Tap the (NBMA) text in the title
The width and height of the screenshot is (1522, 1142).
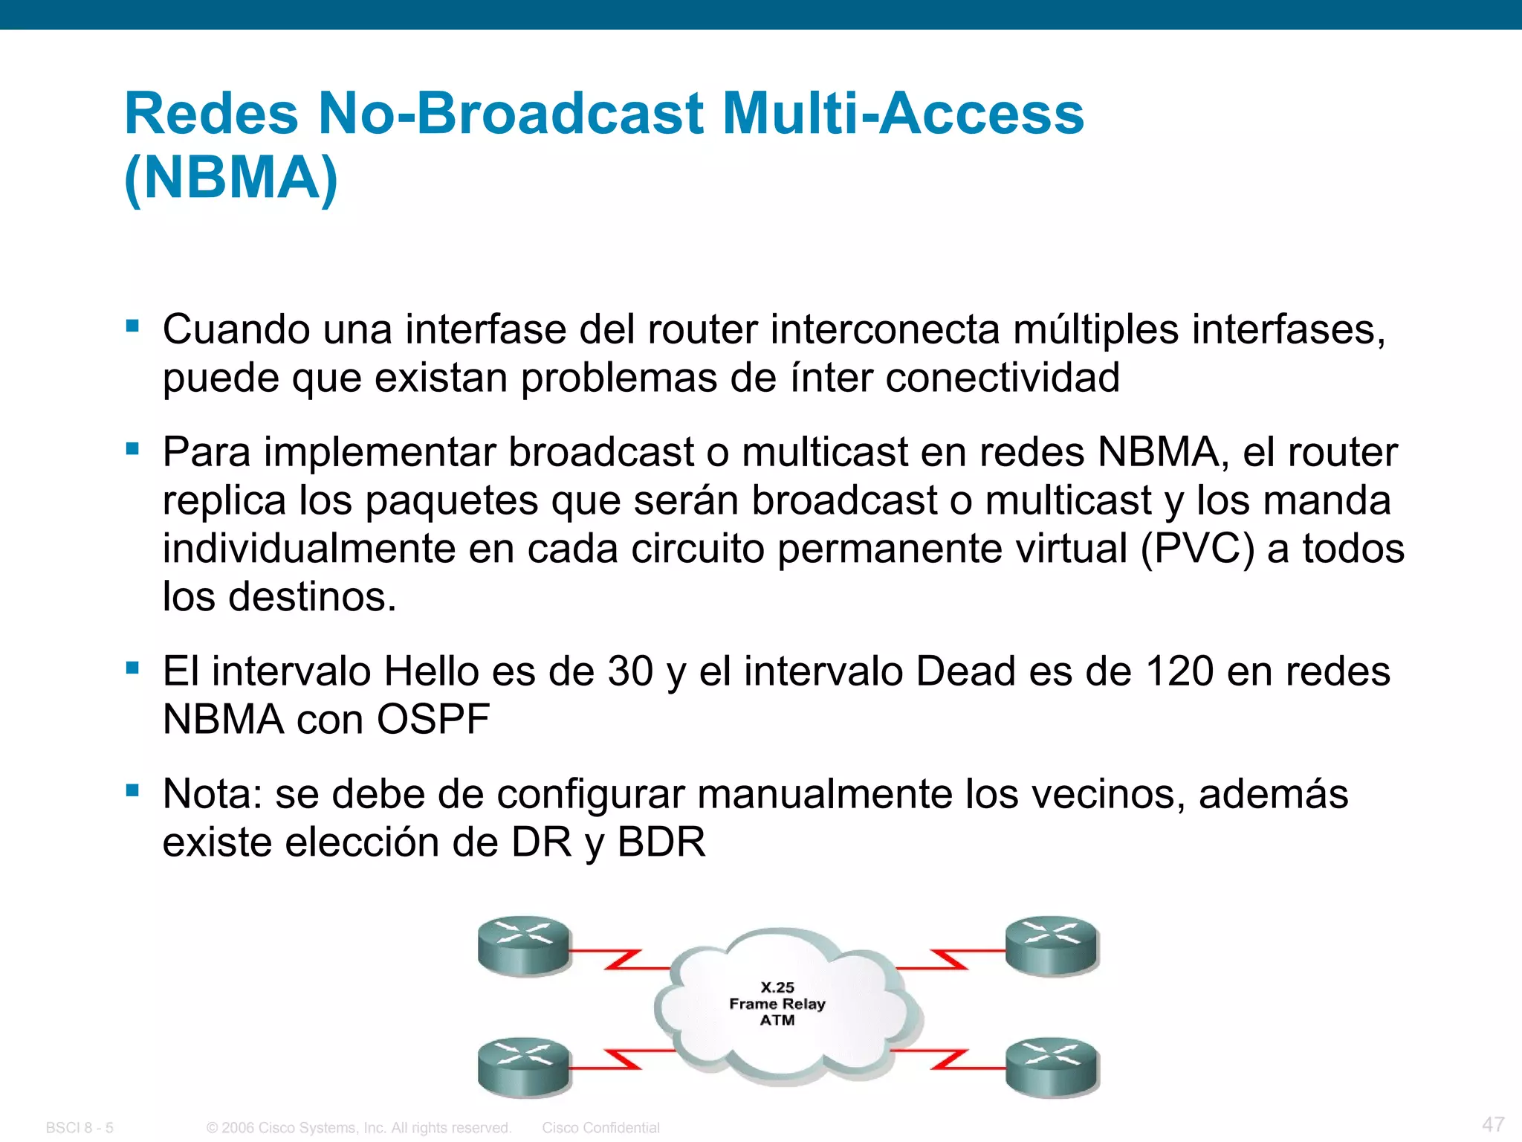pyautogui.click(x=231, y=178)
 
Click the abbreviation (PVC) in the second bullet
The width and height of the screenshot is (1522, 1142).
pyautogui.click(x=1197, y=549)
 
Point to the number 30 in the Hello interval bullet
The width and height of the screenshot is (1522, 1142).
pyautogui.click(x=630, y=671)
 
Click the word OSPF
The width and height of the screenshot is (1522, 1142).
pyautogui.click(x=433, y=720)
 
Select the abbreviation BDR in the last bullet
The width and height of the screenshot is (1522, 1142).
pyautogui.click(x=661, y=842)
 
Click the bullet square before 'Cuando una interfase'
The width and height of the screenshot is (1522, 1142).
pyautogui.click(x=133, y=326)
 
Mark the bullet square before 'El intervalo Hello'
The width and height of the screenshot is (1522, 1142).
pyautogui.click(x=133, y=668)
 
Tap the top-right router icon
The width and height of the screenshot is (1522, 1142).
pyautogui.click(x=1052, y=945)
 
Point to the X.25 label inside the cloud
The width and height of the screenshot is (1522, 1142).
pyautogui.click(x=777, y=987)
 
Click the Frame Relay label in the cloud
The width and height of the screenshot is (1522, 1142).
pyautogui.click(x=777, y=1004)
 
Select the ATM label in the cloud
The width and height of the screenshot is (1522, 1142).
pyautogui.click(x=777, y=1020)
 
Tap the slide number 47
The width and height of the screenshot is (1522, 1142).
pyautogui.click(x=1493, y=1123)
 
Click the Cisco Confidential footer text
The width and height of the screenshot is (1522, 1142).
pyautogui.click(x=600, y=1128)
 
